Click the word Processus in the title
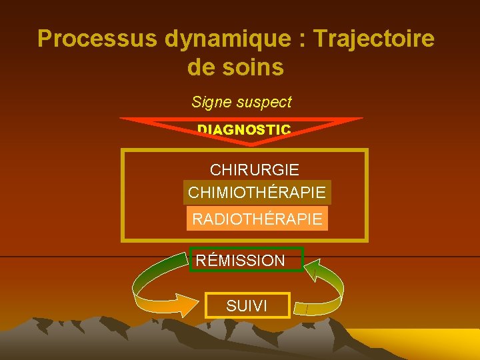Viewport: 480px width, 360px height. [97, 39]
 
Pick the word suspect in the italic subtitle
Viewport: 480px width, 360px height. [267, 102]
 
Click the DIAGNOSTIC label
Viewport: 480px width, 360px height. [244, 129]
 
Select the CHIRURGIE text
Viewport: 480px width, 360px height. [255, 171]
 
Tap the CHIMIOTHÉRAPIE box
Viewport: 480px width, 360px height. [257, 193]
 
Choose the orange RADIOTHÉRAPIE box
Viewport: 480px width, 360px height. [257, 218]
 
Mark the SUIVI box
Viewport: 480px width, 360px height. [247, 306]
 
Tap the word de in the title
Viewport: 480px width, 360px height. [201, 67]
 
